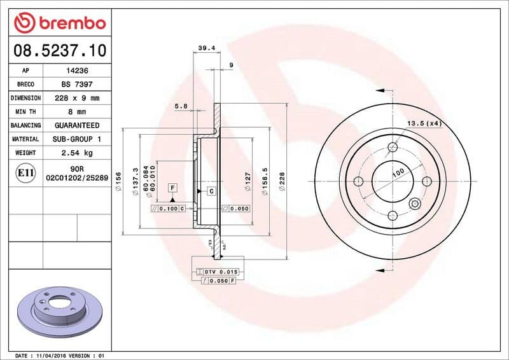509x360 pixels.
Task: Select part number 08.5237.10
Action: pyautogui.click(x=59, y=50)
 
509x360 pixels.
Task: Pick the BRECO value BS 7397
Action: pyautogui.click(x=77, y=85)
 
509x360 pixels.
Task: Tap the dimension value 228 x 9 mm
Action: pyautogui.click(x=77, y=98)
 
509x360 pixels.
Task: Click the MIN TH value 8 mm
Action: pyautogui.click(x=77, y=112)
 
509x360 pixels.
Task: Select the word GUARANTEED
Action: pyautogui.click(x=77, y=125)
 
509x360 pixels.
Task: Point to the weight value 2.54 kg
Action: pyautogui.click(x=77, y=153)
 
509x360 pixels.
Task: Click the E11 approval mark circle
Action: pyautogui.click(x=26, y=172)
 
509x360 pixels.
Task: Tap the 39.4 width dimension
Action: pyautogui.click(x=206, y=48)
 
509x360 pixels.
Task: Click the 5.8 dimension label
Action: pyautogui.click(x=181, y=106)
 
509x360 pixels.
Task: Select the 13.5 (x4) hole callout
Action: pyautogui.click(x=424, y=123)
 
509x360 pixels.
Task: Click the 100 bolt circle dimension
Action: pyautogui.click(x=398, y=172)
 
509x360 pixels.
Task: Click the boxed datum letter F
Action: pyautogui.click(x=172, y=188)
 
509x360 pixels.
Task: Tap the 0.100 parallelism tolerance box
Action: pyautogui.click(x=168, y=209)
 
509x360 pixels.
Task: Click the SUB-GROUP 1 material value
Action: pyautogui.click(x=77, y=139)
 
